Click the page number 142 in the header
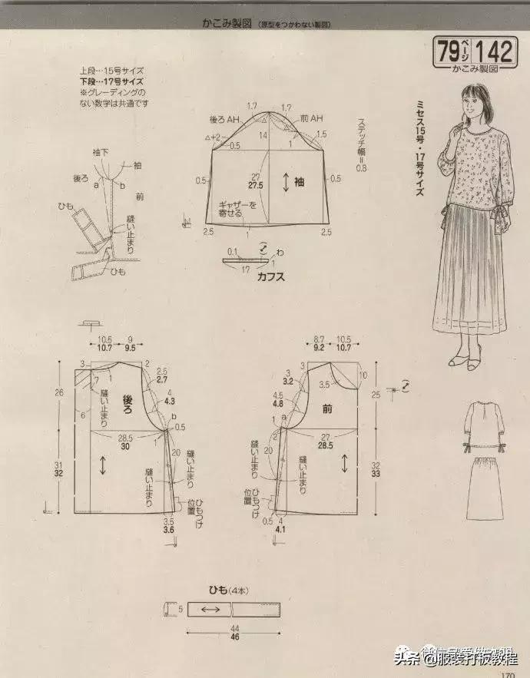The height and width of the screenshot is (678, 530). pyautogui.click(x=493, y=51)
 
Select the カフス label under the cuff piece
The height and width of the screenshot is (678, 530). pyautogui.click(x=270, y=277)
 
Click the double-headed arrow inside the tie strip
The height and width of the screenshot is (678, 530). pyautogui.click(x=210, y=610)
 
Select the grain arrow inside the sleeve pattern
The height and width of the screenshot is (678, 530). pyautogui.click(x=284, y=182)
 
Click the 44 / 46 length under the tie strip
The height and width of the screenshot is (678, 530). pyautogui.click(x=213, y=633)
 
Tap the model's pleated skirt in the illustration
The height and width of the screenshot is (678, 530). pyautogui.click(x=469, y=276)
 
